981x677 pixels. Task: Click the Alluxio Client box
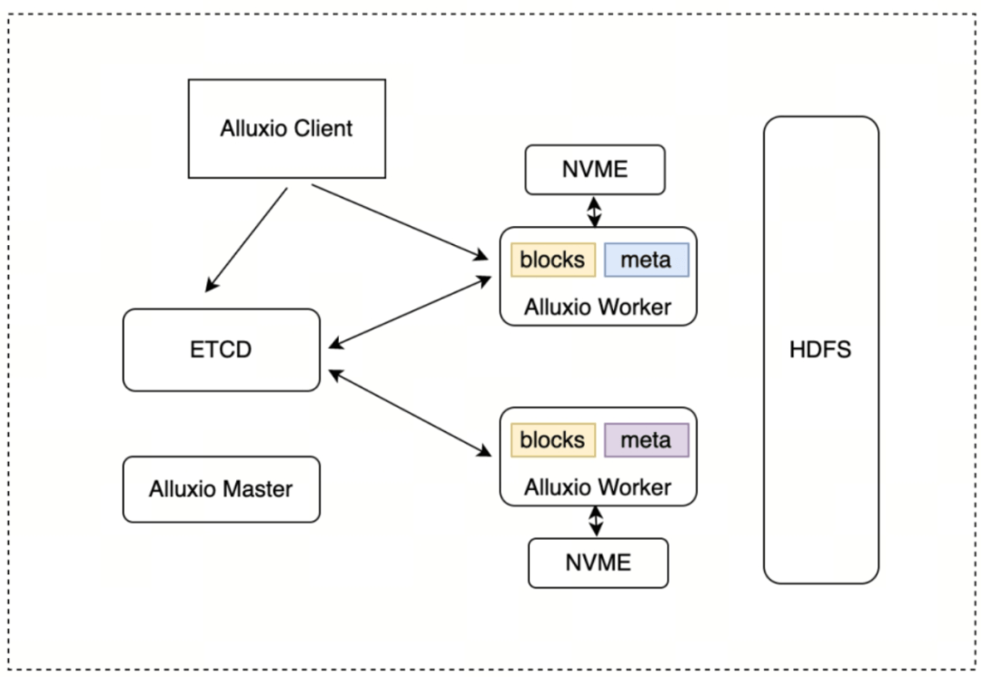286,128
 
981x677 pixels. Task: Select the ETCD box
221,349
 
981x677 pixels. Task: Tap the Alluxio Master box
221,489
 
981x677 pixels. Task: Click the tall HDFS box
820,349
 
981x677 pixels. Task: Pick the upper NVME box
595,170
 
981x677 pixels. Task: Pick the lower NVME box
598,563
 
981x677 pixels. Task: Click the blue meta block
646,260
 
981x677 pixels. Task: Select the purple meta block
646,440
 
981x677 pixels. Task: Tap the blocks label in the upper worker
552,260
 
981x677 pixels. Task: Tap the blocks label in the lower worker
552,440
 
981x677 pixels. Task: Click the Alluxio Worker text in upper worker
598,307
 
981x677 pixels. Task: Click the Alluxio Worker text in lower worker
598,487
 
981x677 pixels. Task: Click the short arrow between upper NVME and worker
594,211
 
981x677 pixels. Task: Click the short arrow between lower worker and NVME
596,521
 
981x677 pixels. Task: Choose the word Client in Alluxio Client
322,128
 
